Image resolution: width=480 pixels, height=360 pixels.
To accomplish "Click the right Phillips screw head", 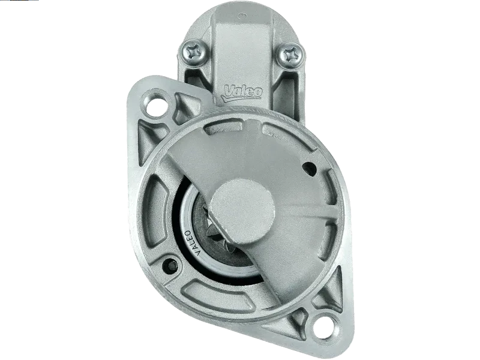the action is pos(292,54).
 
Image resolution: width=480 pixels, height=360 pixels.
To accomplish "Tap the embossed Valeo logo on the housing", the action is pos(242,92).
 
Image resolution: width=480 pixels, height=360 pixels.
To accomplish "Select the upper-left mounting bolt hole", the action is pos(155,104).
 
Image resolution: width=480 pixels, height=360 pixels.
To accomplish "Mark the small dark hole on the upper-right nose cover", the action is pos(308,169).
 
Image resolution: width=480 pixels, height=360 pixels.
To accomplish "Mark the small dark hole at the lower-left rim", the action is pos(170,264).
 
